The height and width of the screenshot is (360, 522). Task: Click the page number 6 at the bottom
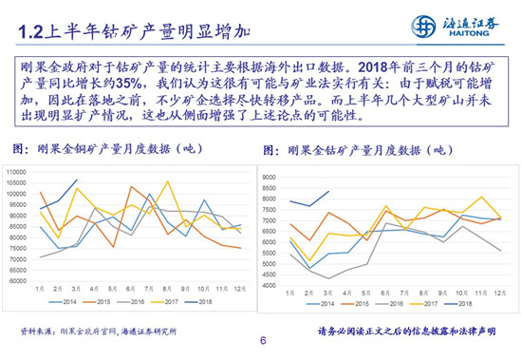pos(262,343)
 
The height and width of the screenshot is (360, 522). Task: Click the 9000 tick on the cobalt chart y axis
pos(268,178)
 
